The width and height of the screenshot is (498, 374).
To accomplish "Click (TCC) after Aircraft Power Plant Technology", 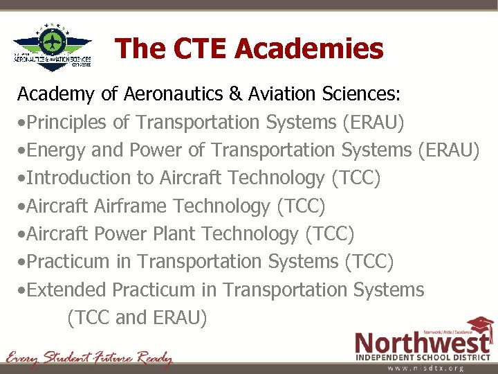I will [329, 234].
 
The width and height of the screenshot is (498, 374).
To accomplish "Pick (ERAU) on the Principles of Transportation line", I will [373, 123].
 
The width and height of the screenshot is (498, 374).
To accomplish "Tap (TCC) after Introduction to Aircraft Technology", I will [356, 178].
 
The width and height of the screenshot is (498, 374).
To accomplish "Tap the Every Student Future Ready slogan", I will [89, 358].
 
